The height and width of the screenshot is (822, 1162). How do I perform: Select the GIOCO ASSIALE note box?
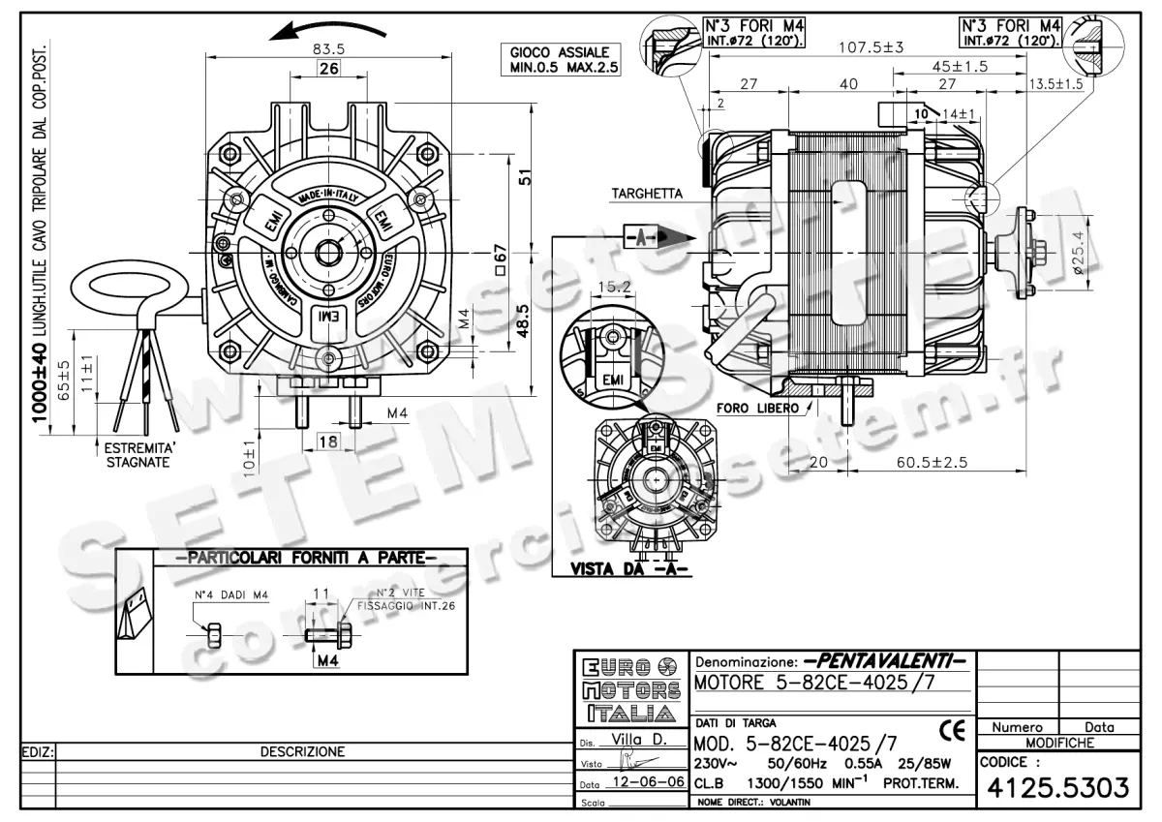(x=560, y=60)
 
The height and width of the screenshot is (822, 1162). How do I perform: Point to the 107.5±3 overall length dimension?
(x=871, y=47)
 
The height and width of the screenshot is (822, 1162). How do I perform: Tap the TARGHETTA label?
(x=646, y=194)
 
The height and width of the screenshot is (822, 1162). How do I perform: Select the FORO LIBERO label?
(x=758, y=408)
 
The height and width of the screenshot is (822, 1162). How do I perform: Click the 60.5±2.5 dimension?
(x=931, y=463)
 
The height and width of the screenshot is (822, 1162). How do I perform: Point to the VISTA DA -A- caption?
(x=629, y=569)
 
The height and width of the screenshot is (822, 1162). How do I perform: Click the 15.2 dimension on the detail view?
(x=615, y=287)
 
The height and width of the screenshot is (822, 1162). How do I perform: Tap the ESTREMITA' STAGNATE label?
(x=138, y=456)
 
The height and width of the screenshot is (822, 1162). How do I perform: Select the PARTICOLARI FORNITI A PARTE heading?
(x=298, y=558)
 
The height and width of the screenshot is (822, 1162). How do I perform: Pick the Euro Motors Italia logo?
(x=628, y=690)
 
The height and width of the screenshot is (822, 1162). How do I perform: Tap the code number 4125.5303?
(x=1057, y=788)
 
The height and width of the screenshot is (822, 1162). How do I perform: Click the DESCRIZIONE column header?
(x=302, y=751)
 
